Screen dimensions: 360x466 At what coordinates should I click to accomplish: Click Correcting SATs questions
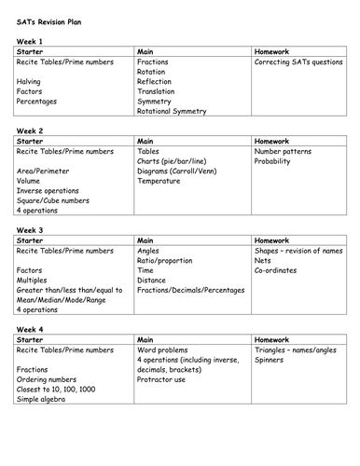click(x=298, y=62)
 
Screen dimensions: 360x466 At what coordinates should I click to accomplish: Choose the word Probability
click(x=275, y=160)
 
